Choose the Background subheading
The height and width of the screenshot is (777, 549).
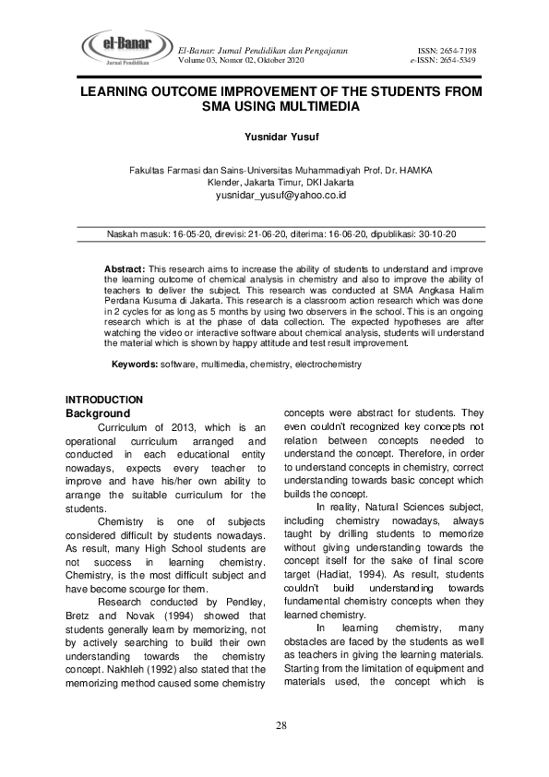(98, 413)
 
